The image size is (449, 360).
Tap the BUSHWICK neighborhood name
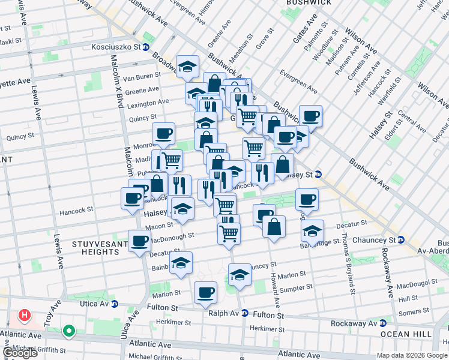point(309,3)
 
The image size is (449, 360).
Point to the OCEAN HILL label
point(403,334)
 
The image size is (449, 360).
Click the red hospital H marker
point(24,314)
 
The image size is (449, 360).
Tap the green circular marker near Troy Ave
point(70,330)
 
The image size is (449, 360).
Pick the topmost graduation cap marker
point(187,65)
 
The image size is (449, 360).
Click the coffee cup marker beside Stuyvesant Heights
point(140,241)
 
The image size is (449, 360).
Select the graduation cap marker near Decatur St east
point(312,230)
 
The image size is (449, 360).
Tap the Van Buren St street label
point(141,76)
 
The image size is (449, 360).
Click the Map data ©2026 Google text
point(412,355)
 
